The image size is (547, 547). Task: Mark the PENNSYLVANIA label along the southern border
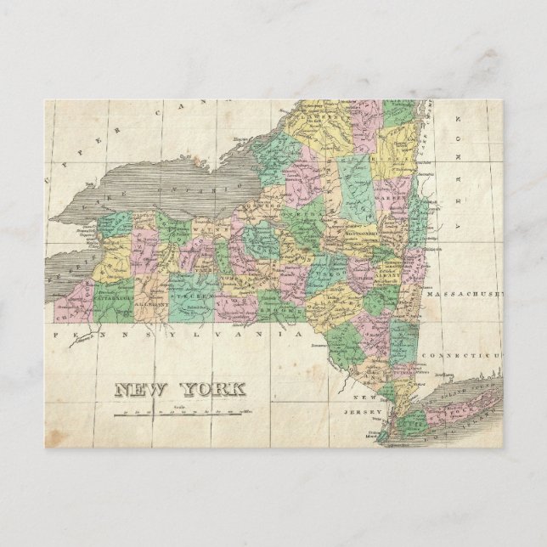(x=178, y=336)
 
